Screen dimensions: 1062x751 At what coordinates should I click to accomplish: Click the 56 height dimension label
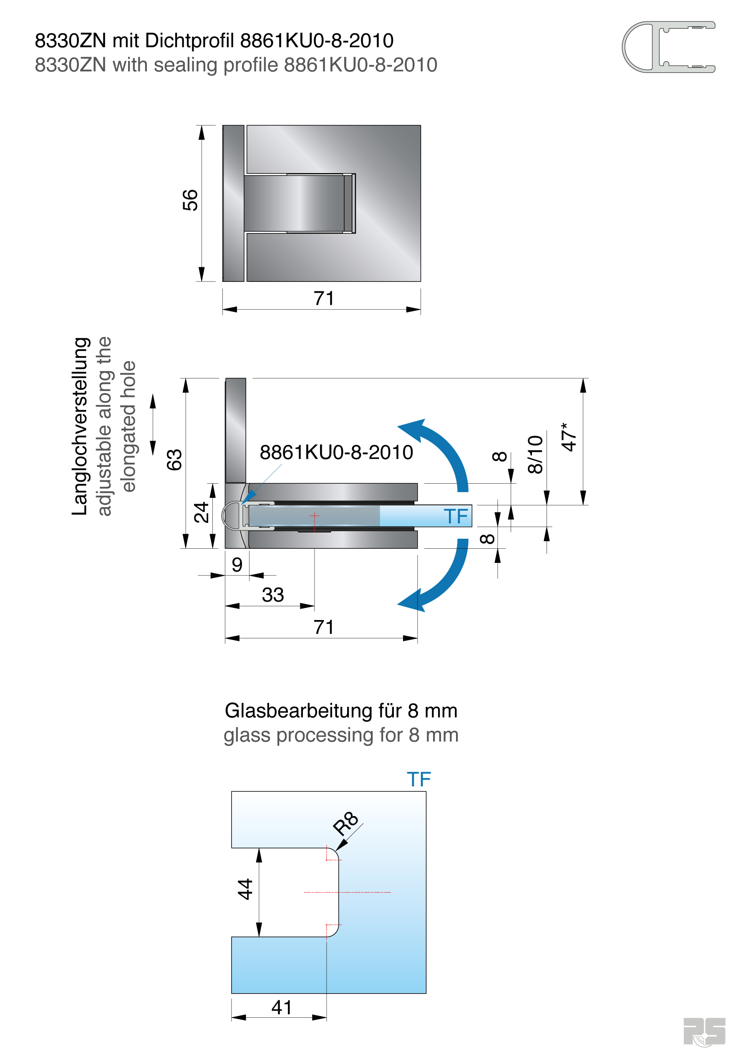190,200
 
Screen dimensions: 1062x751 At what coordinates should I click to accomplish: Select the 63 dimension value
174,459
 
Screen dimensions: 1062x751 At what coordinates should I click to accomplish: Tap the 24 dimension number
201,512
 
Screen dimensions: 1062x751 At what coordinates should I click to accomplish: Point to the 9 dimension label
237,564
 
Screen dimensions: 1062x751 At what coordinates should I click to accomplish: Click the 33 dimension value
272,595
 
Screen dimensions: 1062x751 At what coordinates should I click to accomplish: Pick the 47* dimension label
569,437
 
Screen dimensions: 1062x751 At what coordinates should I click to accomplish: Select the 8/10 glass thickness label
535,454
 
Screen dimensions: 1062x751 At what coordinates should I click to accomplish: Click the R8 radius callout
345,823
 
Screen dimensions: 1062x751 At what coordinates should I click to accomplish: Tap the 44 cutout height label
245,889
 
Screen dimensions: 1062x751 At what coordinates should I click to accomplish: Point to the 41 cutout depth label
281,1007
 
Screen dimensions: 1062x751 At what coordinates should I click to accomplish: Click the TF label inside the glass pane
456,516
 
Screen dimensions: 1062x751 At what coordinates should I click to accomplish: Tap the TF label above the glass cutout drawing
419,779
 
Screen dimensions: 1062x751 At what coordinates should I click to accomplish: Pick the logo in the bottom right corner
704,1031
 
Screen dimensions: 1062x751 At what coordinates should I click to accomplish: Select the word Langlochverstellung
80,426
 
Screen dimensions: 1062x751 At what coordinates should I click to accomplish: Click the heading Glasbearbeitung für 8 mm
341,711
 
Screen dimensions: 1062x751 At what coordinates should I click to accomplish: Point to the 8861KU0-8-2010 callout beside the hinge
336,452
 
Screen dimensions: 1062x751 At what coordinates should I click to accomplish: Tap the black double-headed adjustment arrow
153,424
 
